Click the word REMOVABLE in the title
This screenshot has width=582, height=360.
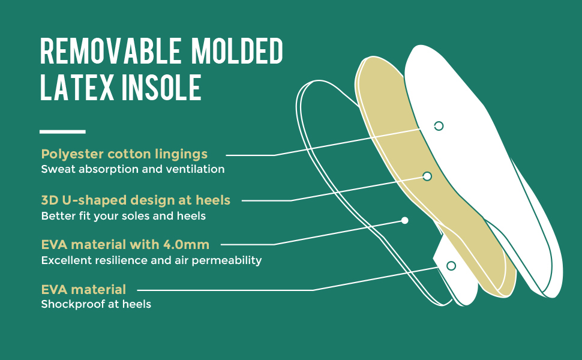pos(110,51)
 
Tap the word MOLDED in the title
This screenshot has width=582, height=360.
pos(238,51)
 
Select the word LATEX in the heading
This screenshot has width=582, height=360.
pos(77,87)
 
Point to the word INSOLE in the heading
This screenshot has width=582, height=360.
pos(161,87)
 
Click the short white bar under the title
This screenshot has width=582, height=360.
pos(62,131)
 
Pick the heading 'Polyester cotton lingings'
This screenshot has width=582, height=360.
pos(124,154)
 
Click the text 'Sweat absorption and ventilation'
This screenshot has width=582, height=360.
pos(133,169)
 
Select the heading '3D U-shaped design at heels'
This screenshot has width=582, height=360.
pos(136,200)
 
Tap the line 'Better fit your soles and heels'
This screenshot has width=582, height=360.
pos(123,215)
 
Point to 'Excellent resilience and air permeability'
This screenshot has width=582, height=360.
pos(151,260)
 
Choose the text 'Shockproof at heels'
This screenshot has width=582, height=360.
pos(96,304)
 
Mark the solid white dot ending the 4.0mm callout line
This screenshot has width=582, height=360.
pos(404,220)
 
